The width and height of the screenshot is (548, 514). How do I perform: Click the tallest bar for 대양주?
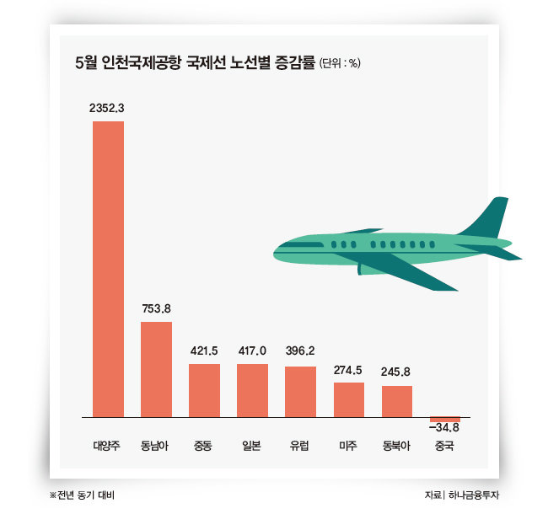coord(108,270)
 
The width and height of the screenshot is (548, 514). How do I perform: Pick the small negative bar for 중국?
coord(445,420)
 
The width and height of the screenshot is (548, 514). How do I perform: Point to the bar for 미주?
coord(349,399)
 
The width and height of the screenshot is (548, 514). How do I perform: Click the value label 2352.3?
coord(108,109)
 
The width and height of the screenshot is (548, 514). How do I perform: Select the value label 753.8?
coord(156,308)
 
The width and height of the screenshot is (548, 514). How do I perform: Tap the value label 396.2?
coord(300,352)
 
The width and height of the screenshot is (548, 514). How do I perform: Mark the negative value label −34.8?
coord(444,430)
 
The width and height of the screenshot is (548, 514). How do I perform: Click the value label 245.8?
coord(397,372)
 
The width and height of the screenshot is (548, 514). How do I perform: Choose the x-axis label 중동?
coord(204,447)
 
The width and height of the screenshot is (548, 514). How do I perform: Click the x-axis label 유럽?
coord(300,447)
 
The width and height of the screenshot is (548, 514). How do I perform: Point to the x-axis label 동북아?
coord(397,447)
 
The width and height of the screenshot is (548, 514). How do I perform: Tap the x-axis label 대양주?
coord(108,447)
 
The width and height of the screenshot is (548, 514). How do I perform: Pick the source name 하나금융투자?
coord(479,495)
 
